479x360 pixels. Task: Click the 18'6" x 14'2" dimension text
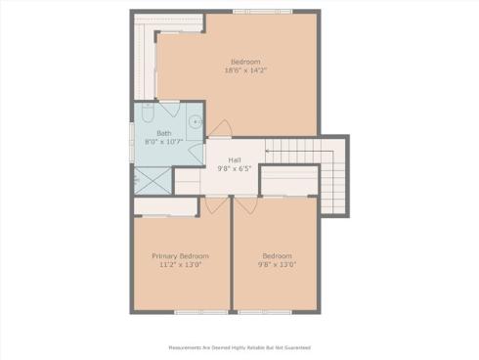(x=245, y=70)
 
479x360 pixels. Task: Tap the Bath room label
(x=164, y=133)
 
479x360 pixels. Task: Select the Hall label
(x=235, y=159)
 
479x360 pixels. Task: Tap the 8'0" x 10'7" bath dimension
(x=164, y=142)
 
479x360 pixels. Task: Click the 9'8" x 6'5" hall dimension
(x=235, y=168)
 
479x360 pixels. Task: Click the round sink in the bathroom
(x=196, y=122)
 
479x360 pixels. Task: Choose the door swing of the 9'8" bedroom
(x=244, y=205)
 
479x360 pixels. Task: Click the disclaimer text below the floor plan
(x=239, y=346)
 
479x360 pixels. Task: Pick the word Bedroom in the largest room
(x=245, y=62)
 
